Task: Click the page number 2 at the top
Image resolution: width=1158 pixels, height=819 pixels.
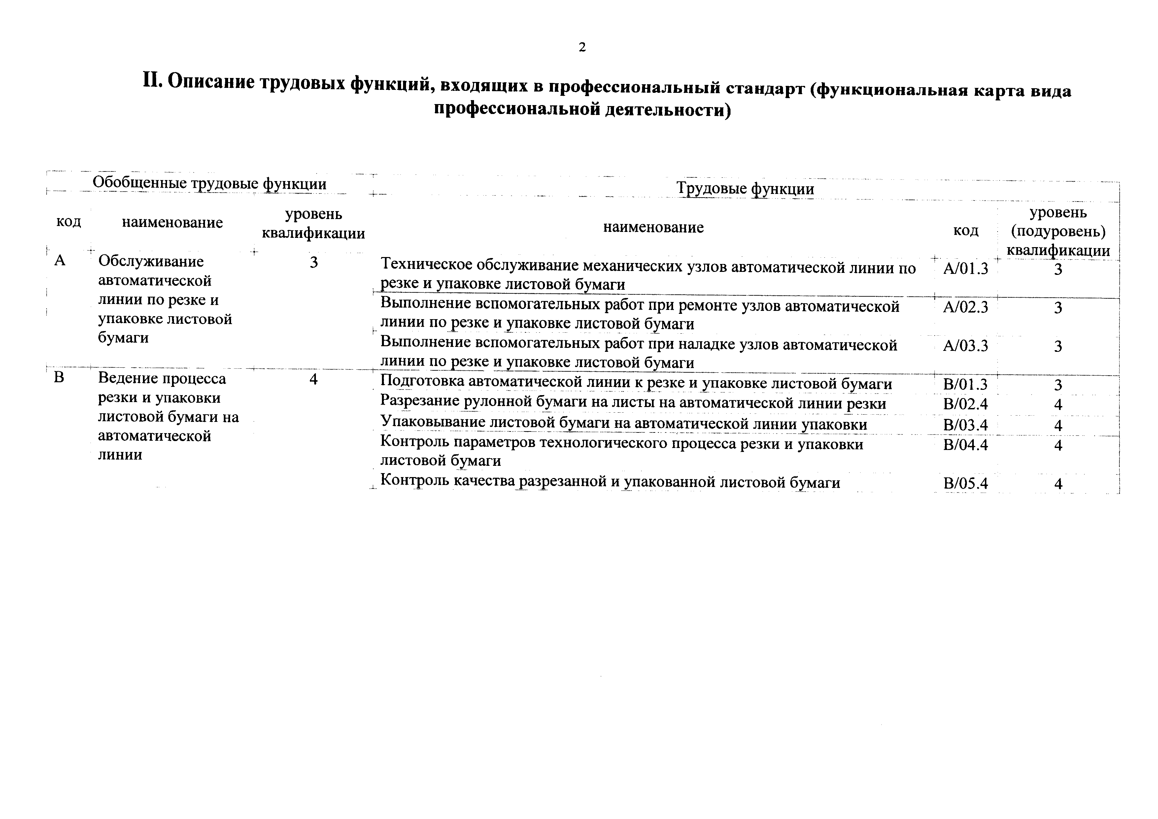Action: [x=582, y=48]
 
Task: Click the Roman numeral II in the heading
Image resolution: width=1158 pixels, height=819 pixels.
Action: [x=151, y=80]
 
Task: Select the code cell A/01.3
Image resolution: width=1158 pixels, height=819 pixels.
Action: [x=965, y=269]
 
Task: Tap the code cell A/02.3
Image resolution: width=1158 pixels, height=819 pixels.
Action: [x=965, y=307]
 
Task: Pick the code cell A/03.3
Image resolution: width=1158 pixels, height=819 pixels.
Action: [x=965, y=346]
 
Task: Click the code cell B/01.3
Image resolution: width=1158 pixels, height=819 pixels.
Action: [x=965, y=385]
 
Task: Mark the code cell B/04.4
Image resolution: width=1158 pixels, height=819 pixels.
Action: [x=965, y=445]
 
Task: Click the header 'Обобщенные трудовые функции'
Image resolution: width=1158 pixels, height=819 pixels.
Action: [x=209, y=183]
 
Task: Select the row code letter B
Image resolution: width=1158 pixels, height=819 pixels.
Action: [x=59, y=378]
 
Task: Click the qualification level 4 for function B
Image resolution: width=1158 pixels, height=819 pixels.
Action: [x=313, y=379]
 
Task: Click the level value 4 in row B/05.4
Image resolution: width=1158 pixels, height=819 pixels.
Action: [x=1058, y=484]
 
